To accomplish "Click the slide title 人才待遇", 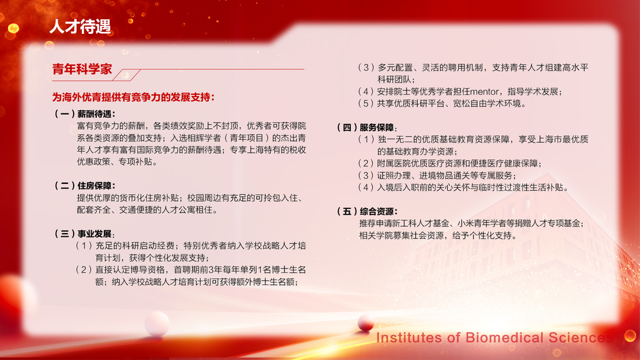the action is [80, 26].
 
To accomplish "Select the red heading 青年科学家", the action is [82, 69].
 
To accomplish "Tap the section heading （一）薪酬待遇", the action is [85, 114].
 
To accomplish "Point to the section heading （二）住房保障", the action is [85, 186].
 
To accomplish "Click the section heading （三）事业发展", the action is [85, 234].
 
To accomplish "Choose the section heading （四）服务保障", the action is [367, 127].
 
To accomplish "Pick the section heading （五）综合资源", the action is [367, 211].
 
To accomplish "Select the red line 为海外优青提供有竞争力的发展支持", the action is [133, 97].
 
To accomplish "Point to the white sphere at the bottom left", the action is [157, 323].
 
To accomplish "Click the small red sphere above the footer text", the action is [366, 323].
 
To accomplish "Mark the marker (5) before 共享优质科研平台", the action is [365, 104].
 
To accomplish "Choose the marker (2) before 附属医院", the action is [365, 164].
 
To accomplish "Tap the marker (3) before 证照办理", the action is [365, 176].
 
